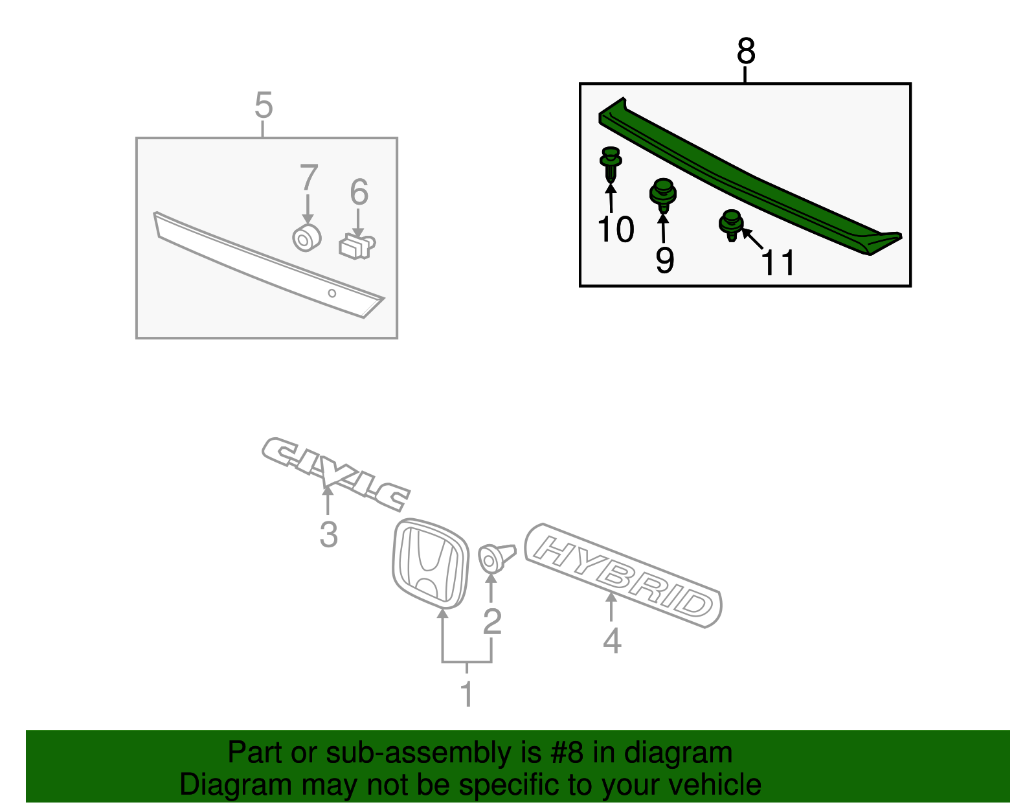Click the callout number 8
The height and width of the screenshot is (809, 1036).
click(746, 51)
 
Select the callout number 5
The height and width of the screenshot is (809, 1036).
click(263, 105)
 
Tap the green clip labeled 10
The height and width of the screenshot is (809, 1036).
click(611, 163)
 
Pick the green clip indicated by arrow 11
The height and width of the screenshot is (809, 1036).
click(730, 224)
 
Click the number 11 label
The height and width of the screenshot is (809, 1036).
click(778, 263)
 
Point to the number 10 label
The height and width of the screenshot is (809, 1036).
click(616, 229)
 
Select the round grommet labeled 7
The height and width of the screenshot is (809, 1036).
click(306, 238)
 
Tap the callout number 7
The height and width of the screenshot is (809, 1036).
click(309, 177)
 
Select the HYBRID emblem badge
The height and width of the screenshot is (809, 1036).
click(623, 576)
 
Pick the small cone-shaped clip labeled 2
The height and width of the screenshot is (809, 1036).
click(494, 558)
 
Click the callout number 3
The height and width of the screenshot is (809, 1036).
click(328, 536)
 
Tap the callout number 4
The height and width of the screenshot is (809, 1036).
click(611, 641)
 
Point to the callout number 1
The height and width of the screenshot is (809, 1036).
click(466, 694)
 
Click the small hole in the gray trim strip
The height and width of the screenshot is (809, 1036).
click(332, 293)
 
